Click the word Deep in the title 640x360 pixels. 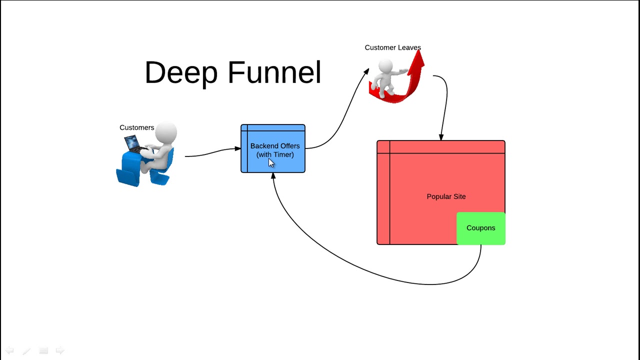pos(181,73)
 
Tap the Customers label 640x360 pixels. pos(136,127)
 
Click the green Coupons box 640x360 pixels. pos(480,228)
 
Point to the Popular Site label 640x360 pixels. pos(446,196)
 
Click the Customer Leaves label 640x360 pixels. pos(392,47)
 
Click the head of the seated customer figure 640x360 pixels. pos(166,133)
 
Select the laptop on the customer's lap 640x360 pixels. pos(133,144)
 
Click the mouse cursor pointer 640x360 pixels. pos(271,163)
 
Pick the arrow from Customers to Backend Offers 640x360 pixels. pos(212,151)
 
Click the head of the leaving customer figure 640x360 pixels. pos(385,66)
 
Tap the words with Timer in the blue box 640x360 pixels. pos(275,155)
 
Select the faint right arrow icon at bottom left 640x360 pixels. pos(60,350)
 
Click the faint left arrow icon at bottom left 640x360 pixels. pos(9,350)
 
